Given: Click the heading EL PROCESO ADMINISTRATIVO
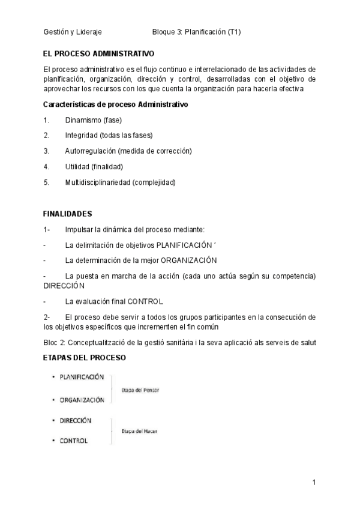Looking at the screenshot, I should coord(99,53).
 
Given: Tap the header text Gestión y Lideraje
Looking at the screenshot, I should coord(73,32).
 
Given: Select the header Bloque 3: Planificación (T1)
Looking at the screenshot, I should coord(196,32).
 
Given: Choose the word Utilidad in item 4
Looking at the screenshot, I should coord(77,166).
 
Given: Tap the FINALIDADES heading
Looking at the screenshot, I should coord(68,213).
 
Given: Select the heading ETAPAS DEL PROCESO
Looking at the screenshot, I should coord(85,358).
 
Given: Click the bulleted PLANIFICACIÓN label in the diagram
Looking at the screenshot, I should coord(82,377).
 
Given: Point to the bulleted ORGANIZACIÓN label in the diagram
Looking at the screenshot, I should coord(82,400).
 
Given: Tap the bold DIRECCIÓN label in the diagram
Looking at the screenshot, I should coord(76,420).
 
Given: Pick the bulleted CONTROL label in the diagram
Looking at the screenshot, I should coord(73,441).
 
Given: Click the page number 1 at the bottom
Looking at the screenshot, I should coord(314,482).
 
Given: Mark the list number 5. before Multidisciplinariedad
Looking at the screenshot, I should coord(46,182).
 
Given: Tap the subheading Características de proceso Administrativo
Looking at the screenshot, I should coord(116,104).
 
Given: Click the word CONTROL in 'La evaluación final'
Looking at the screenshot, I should coord(146,301).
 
